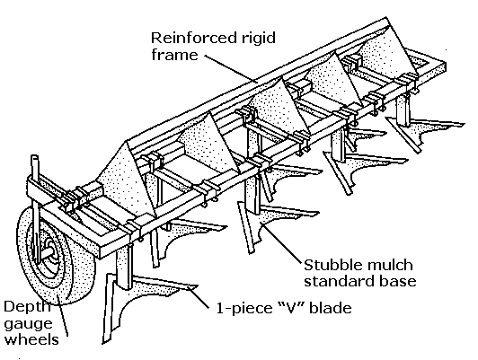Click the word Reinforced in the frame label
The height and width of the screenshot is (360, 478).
point(193,38)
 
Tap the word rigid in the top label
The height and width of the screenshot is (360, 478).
point(258,39)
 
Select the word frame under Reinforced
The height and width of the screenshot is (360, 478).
point(174,55)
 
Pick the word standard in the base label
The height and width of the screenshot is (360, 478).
point(340,281)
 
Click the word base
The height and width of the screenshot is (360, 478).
point(398,281)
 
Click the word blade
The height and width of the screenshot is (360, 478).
point(331,308)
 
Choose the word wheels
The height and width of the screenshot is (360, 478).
point(31,338)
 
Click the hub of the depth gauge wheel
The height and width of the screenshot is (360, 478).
point(49,251)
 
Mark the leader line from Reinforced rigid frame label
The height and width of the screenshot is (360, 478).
point(231,69)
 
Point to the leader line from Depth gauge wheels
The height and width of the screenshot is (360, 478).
point(63,320)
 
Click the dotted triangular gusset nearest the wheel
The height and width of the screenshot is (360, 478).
point(127,183)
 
